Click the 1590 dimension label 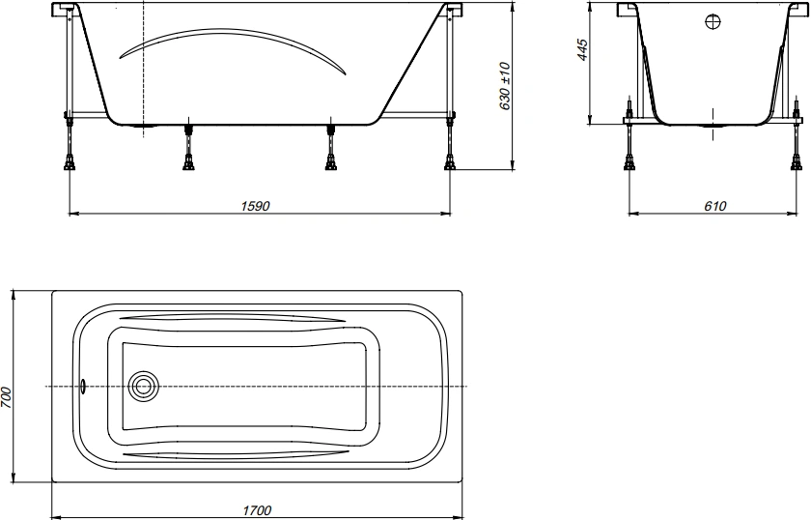point(256,206)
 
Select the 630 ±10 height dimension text point(505,86)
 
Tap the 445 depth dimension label point(582,49)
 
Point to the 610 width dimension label point(714,206)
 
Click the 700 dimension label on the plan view point(6,397)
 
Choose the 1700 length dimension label point(257,510)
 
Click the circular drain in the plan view point(143,387)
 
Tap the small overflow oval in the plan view point(83,387)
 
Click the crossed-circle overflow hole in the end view point(713,22)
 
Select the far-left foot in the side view point(70,164)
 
